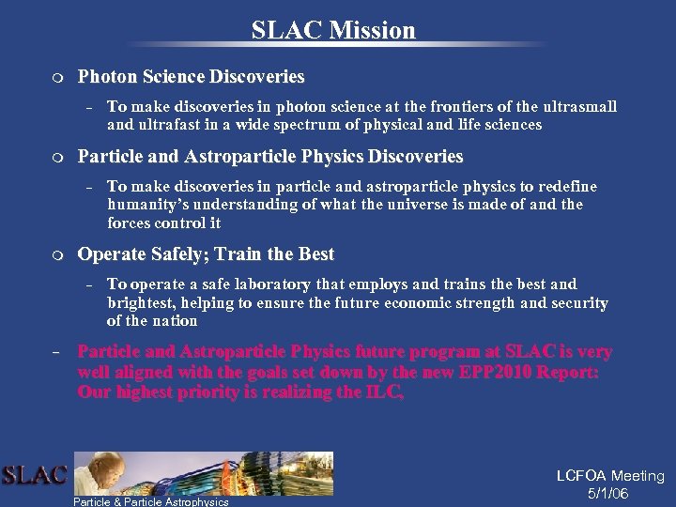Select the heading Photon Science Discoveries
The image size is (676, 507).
pyautogui.click(x=191, y=76)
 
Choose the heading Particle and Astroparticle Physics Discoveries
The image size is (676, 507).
pyautogui.click(x=270, y=156)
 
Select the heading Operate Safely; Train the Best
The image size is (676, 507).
pyautogui.click(x=206, y=254)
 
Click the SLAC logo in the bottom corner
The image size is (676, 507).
pyautogui.click(x=34, y=475)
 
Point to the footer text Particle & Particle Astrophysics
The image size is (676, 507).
pyautogui.click(x=151, y=501)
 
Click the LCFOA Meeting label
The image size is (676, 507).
pyautogui.click(x=610, y=477)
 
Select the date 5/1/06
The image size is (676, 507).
pyautogui.click(x=608, y=494)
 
